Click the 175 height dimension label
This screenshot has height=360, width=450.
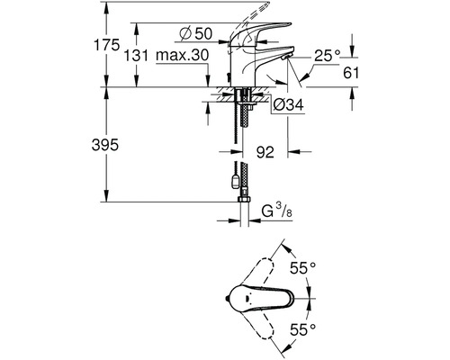click(x=106, y=45)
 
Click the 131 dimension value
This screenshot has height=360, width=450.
click(x=136, y=56)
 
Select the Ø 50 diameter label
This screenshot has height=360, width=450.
click(x=196, y=33)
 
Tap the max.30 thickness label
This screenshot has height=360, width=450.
click(x=182, y=56)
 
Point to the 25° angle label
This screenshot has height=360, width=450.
click(x=328, y=56)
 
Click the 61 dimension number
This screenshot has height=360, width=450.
click(x=351, y=73)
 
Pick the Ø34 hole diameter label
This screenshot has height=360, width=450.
click(x=288, y=104)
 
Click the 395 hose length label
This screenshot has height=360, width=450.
click(x=105, y=145)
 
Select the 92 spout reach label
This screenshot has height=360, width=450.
click(x=265, y=152)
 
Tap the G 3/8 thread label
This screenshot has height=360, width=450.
click(x=276, y=211)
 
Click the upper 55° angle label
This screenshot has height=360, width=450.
click(x=302, y=267)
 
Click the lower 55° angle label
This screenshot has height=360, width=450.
click(x=302, y=330)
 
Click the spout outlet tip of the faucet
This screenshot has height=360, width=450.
click(x=285, y=56)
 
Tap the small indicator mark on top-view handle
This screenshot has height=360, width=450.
click(x=247, y=299)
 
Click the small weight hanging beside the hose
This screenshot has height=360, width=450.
click(x=235, y=182)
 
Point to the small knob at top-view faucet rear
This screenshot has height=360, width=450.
click(x=227, y=299)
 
